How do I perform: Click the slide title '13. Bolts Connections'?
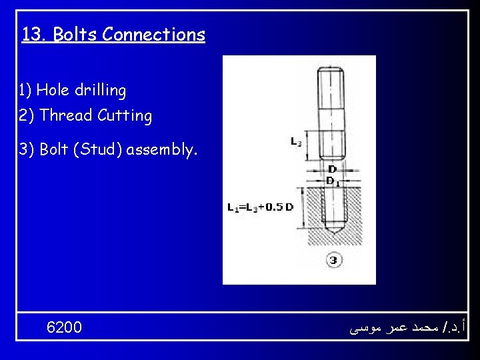pos(113,34)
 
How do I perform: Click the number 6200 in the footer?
pos(65,327)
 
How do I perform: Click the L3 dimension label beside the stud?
pos(296,141)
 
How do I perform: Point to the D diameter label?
pos(331,170)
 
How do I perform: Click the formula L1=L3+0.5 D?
pos(260,207)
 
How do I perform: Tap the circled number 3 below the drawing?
pos(333,259)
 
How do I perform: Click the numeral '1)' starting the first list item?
pos(25,90)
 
